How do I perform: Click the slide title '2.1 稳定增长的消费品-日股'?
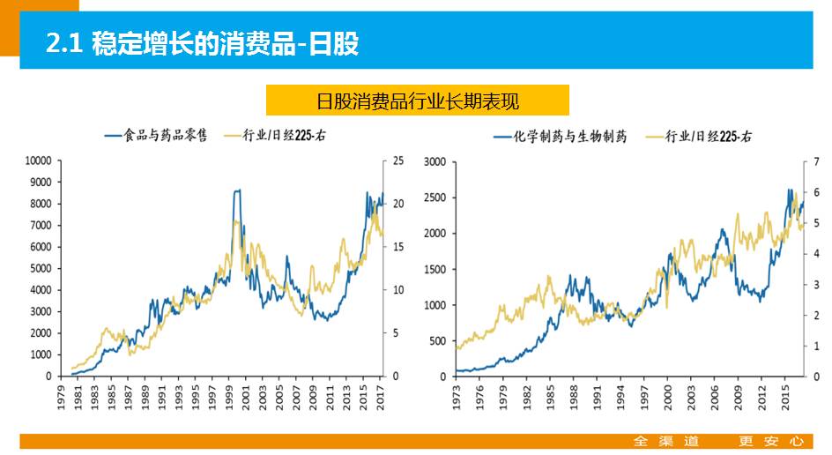203,43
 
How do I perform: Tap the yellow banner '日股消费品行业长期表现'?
417,101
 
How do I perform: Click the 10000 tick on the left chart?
38,160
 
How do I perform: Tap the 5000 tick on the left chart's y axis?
41,268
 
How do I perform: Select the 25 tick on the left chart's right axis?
398,160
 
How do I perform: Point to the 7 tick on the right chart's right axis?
817,160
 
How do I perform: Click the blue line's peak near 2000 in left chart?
236,190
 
